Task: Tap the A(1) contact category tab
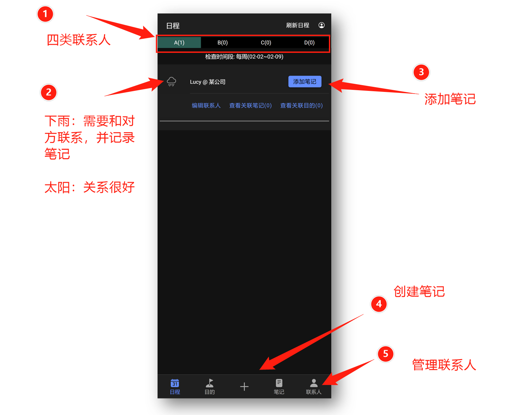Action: [x=179, y=43]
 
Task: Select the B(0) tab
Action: [x=223, y=43]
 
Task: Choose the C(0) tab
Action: [x=266, y=43]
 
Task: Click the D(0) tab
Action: [x=309, y=43]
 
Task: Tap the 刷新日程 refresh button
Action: [x=298, y=25]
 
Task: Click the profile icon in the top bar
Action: [x=321, y=25]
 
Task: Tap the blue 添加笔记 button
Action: [x=305, y=82]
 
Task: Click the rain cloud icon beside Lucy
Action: [x=171, y=82]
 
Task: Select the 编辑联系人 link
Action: [x=206, y=106]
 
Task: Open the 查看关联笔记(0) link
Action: [x=250, y=106]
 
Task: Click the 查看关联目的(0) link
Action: [x=301, y=106]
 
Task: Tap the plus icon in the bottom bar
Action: [x=244, y=386]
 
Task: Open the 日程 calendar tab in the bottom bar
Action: [x=175, y=386]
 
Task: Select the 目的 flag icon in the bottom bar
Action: [x=210, y=386]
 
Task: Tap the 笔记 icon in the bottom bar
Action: [x=279, y=386]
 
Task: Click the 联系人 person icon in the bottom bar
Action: [x=314, y=386]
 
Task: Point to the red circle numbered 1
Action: [x=45, y=14]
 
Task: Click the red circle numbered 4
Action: [x=379, y=304]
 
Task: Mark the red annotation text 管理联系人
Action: [x=444, y=365]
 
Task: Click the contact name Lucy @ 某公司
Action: [x=208, y=82]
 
